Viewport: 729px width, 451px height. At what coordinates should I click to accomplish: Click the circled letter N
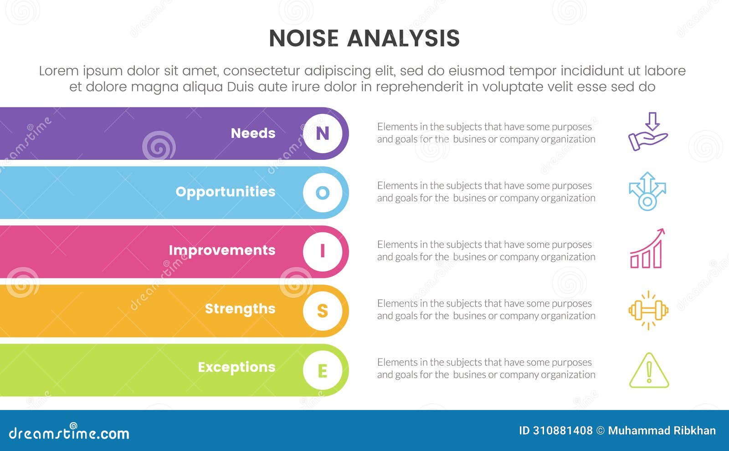tap(323, 133)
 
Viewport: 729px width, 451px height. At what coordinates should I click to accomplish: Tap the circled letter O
tap(323, 192)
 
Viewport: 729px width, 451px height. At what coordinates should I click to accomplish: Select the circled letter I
tap(323, 251)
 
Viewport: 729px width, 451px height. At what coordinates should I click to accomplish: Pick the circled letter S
tap(323, 310)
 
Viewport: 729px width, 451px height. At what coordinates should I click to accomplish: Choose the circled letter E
tap(323, 370)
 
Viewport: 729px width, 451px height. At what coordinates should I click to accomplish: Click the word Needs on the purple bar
tap(253, 133)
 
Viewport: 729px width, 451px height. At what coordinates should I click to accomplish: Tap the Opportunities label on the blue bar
tap(226, 192)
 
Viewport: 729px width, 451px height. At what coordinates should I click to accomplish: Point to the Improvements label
tap(222, 250)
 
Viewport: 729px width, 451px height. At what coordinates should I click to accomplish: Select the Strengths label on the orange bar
tap(240, 309)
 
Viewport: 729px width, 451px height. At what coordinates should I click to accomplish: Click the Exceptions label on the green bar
tap(236, 367)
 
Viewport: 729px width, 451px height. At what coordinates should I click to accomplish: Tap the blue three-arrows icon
tap(647, 191)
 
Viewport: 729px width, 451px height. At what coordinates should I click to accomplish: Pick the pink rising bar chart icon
tap(647, 250)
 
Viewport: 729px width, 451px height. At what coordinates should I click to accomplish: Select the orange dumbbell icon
tap(648, 311)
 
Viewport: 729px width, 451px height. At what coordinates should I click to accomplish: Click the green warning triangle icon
tap(649, 371)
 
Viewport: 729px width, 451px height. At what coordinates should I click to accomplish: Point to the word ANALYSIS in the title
tap(403, 38)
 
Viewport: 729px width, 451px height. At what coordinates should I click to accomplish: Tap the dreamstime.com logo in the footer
tap(69, 433)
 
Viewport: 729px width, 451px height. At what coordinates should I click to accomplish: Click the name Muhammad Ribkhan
tap(662, 430)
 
